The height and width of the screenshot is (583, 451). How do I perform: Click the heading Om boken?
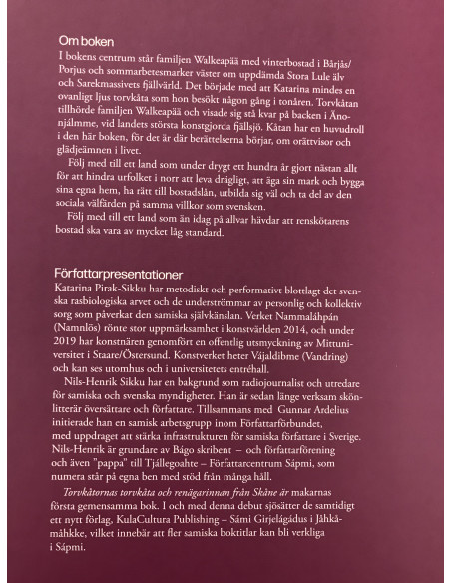coord(84,39)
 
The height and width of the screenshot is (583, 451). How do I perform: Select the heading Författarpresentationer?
coord(121,271)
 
